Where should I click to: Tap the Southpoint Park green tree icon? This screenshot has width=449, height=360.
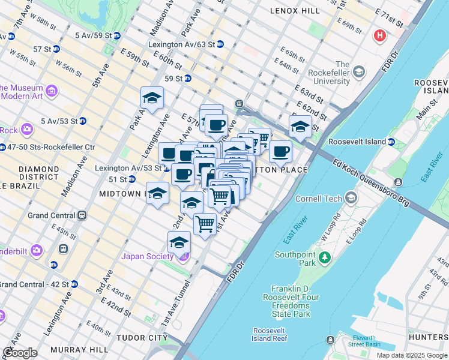tap(325, 257)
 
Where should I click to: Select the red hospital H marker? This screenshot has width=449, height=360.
tap(379, 35)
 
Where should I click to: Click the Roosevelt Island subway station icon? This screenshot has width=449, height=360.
tap(391, 142)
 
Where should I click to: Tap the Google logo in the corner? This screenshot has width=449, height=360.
tap(20, 353)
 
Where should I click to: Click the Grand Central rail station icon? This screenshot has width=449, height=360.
tap(82, 215)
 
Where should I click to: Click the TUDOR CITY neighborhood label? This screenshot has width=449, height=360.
tap(142, 338)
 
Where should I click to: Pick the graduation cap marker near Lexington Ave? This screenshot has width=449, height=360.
tap(152, 98)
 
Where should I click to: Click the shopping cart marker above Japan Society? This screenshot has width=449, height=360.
tap(205, 224)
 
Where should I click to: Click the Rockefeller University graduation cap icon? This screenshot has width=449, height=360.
tap(359, 73)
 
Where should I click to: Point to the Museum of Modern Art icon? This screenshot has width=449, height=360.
tap(52, 91)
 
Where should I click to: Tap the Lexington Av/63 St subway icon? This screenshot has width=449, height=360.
tap(220, 44)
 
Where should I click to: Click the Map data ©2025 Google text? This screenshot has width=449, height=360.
tap(411, 355)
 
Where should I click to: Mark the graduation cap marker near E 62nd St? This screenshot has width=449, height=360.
tap(300, 126)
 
